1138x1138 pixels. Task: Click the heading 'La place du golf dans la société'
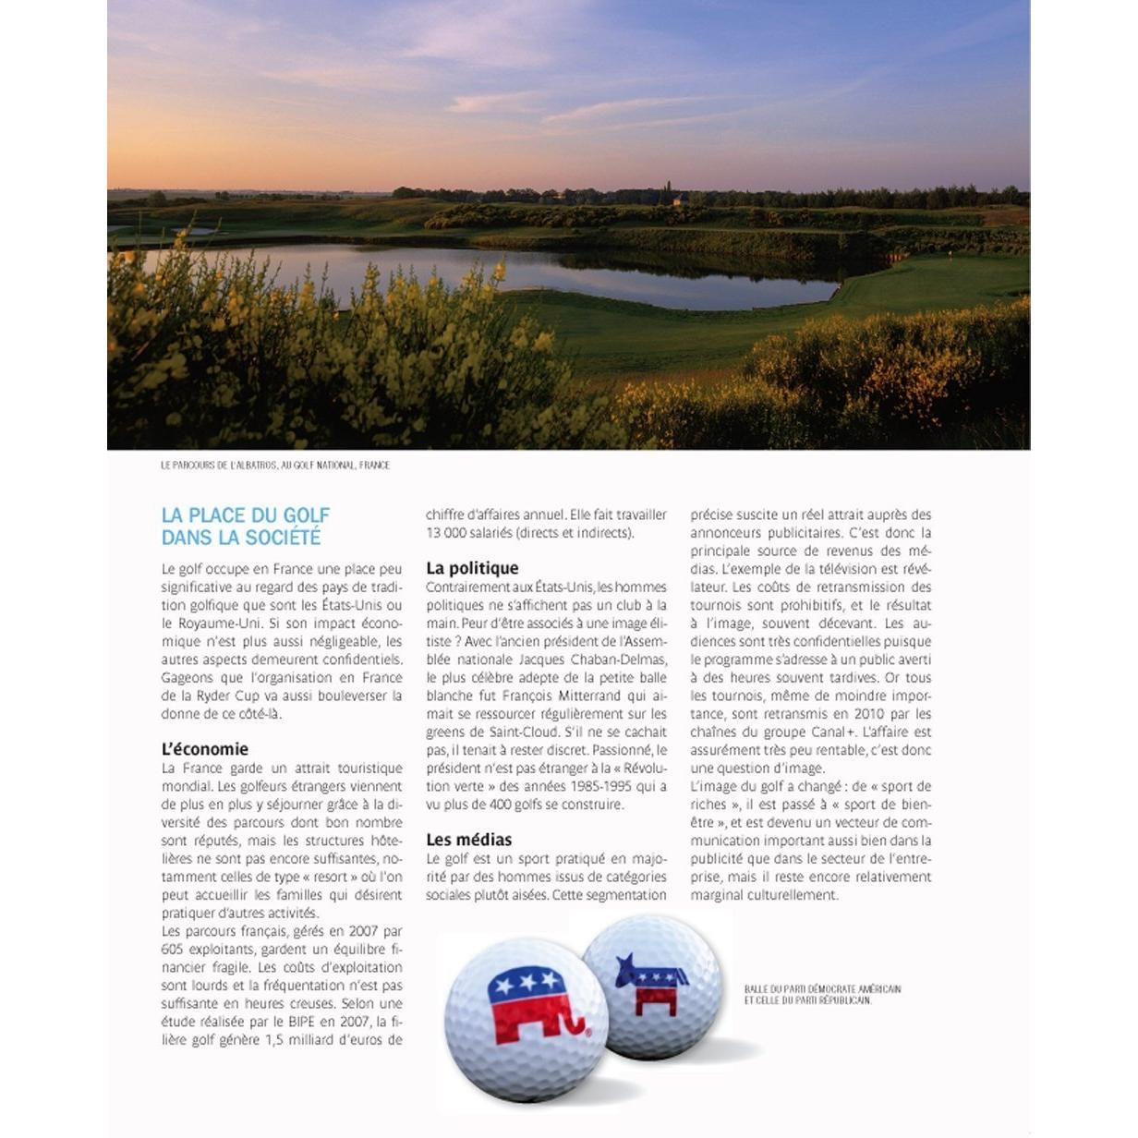(246, 527)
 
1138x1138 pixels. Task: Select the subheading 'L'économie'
(205, 749)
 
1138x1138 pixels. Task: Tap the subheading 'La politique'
(472, 568)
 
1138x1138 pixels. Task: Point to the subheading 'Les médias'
(468, 840)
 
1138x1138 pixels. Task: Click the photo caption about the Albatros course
(275, 466)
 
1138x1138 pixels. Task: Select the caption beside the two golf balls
(822, 994)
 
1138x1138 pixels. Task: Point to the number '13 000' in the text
(446, 533)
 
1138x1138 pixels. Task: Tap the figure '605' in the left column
(172, 950)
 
